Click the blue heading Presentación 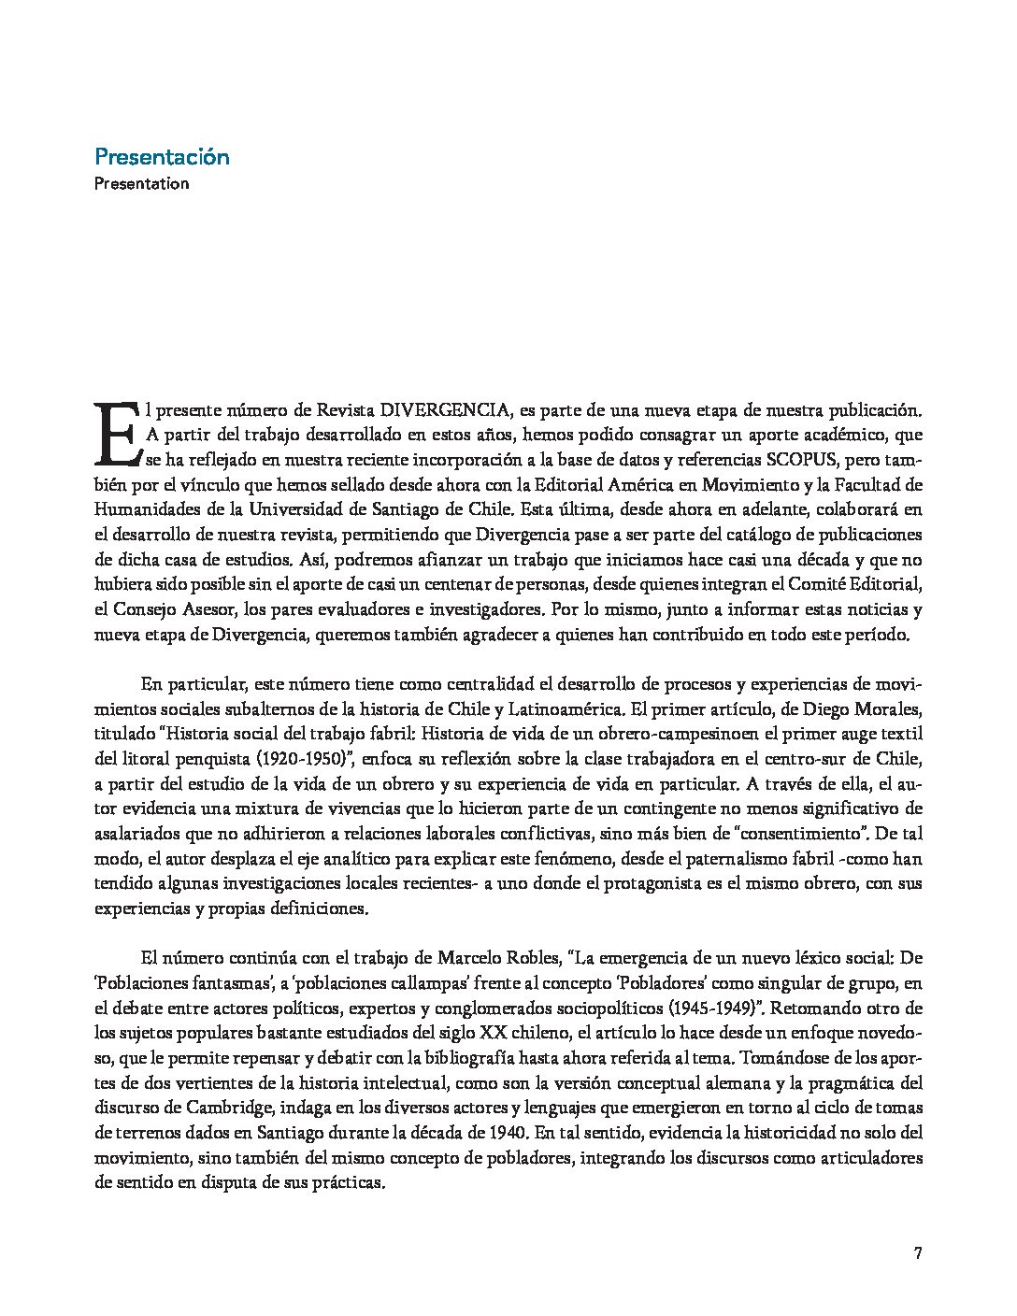(x=162, y=157)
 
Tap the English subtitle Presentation (x=141, y=183)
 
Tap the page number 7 (x=918, y=1253)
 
